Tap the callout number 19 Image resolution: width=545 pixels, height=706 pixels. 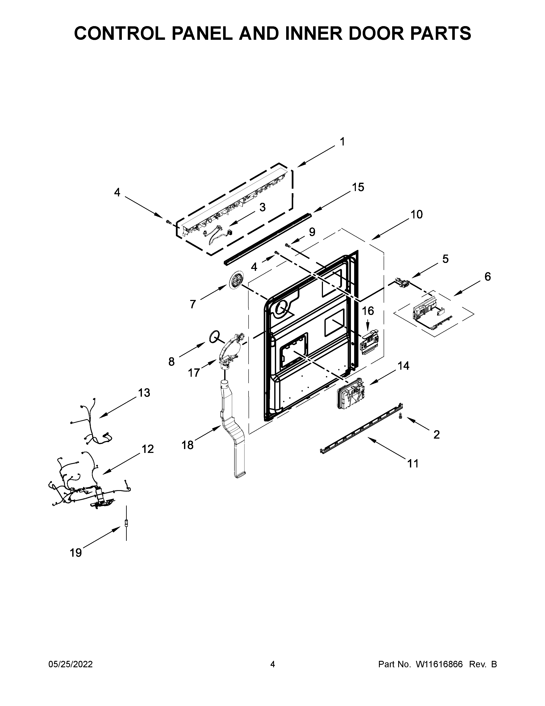pyautogui.click(x=76, y=553)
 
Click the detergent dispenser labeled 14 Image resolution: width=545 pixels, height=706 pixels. pyautogui.click(x=350, y=394)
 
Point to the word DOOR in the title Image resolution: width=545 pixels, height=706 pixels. pyautogui.click(x=363, y=33)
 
